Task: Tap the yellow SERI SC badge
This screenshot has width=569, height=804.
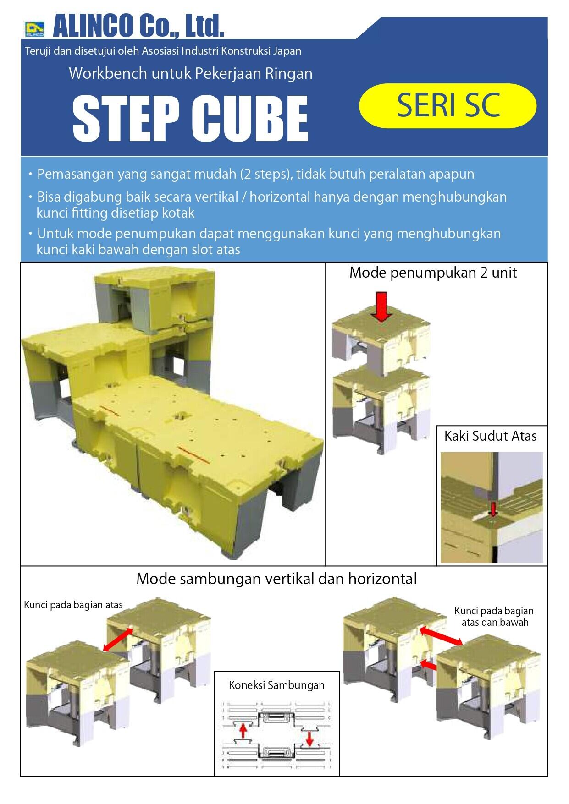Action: tap(447, 106)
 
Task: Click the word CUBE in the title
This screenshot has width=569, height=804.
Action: tap(250, 119)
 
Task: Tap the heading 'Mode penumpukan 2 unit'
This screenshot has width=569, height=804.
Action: tap(433, 273)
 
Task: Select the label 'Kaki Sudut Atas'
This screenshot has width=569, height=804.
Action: tap(490, 436)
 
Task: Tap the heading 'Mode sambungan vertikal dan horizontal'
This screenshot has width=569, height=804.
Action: tap(276, 579)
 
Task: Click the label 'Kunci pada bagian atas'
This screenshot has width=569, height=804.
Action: tap(73, 605)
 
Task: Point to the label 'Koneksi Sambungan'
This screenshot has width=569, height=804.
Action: tap(276, 685)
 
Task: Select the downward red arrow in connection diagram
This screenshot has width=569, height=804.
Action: tap(310, 737)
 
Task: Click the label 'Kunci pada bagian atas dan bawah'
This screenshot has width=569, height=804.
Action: tap(494, 617)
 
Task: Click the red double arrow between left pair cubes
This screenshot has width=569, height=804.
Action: tap(119, 640)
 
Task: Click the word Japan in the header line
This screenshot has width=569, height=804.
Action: tap(287, 51)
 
